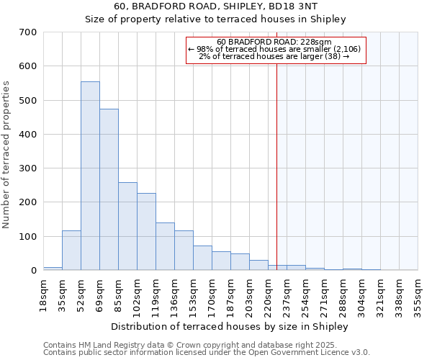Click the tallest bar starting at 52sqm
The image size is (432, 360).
[90, 176]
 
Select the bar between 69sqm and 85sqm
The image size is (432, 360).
[109, 189]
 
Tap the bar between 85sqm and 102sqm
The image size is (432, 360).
[127, 226]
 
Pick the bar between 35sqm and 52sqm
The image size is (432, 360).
[71, 250]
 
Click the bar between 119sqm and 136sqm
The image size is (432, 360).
[165, 246]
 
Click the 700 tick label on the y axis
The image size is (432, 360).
[27, 32]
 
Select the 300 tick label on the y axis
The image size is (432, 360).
[27, 168]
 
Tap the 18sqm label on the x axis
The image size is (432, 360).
[43, 293]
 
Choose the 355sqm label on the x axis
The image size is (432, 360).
[418, 293]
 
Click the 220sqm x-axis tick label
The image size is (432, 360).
[268, 293]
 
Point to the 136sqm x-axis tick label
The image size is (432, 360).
[174, 293]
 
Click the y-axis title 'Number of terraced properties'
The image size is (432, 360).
[6, 154]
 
